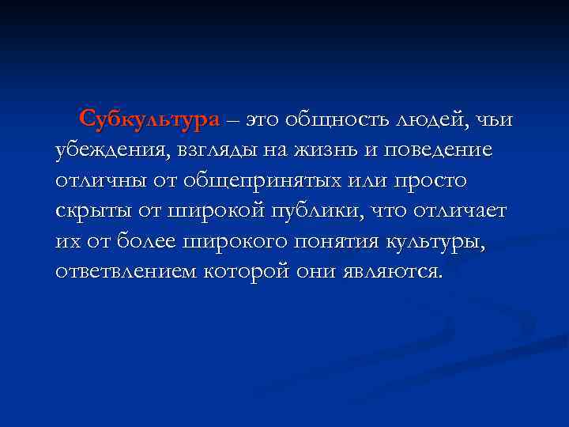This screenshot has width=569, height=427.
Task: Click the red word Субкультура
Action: click(x=150, y=120)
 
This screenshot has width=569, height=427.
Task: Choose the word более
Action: click(x=151, y=241)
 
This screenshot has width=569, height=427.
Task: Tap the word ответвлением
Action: click(x=127, y=271)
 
